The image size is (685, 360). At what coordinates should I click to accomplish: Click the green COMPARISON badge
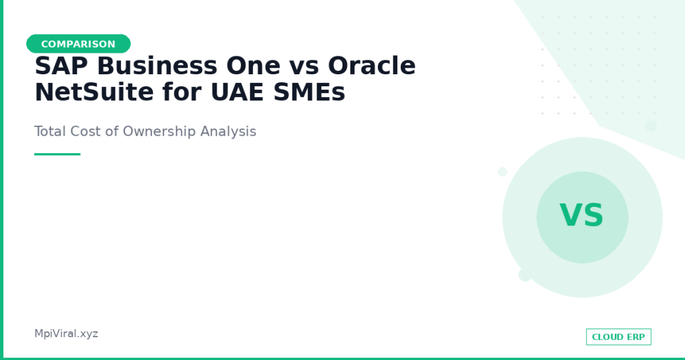79,43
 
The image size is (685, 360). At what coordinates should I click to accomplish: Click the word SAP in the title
61,66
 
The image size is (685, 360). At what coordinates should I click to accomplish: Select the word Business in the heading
157,66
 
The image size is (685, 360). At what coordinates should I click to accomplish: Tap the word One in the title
254,66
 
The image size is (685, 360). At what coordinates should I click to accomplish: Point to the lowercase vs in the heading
304,68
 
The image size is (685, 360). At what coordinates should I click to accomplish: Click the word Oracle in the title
372,66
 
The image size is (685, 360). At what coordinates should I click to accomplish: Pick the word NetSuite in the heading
94,92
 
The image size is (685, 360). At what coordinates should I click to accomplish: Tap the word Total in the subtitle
50,131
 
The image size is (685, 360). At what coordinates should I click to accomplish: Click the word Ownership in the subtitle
159,132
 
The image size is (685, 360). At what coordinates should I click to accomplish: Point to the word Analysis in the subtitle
228,132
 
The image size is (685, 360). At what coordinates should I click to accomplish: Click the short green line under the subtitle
58,154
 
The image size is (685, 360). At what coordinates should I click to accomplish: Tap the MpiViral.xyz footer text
66,334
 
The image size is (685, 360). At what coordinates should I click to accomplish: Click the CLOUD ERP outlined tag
619,337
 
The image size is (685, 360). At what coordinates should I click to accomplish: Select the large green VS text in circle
582,215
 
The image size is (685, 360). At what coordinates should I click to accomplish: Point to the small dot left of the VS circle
502,172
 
